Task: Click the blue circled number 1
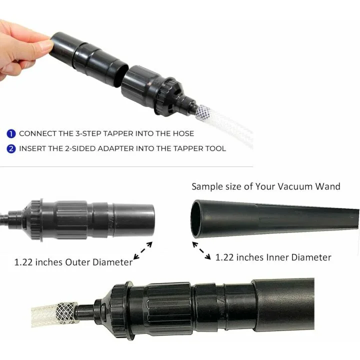coord(11,134)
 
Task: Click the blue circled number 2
coord(11,148)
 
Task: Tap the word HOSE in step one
coord(182,134)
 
